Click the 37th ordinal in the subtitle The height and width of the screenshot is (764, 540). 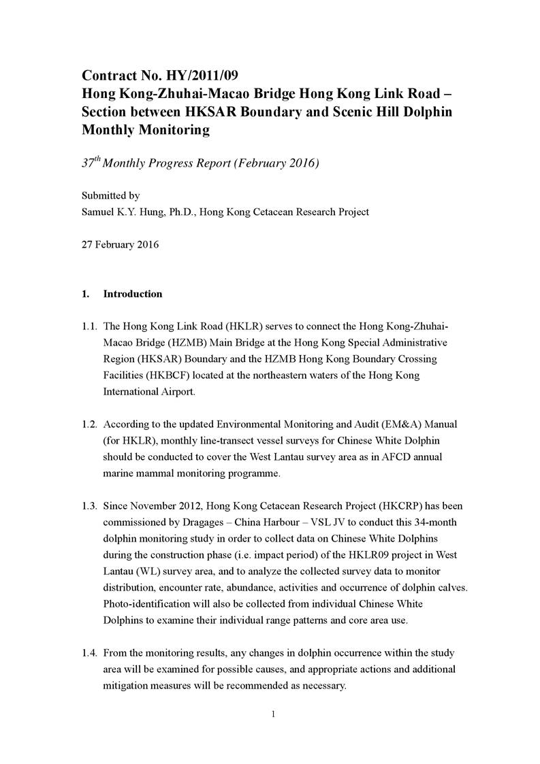(x=90, y=164)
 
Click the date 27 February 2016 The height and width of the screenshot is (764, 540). (x=120, y=244)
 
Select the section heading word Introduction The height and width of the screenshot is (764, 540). (x=132, y=294)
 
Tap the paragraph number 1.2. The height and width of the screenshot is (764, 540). (x=89, y=425)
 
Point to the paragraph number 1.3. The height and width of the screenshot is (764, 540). (x=89, y=506)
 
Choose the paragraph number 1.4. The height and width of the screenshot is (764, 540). (x=89, y=654)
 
